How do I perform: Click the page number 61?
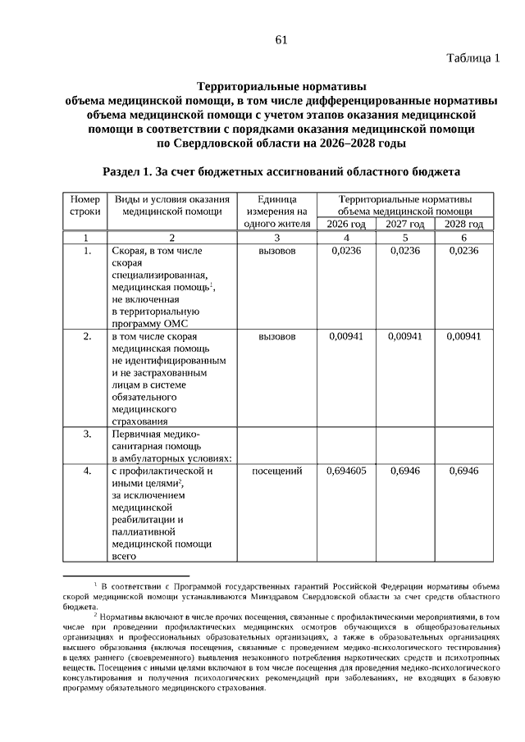click(281, 39)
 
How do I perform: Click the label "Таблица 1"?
click(473, 58)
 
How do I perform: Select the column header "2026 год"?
click(346, 224)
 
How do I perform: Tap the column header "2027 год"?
click(405, 224)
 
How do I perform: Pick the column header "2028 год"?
click(464, 224)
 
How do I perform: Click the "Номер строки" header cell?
click(85, 205)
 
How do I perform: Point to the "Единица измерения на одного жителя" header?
click(276, 211)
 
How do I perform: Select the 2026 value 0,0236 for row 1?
click(346, 252)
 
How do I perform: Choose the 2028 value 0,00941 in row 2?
click(464, 336)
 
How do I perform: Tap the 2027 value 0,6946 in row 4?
click(405, 471)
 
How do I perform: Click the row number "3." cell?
click(86, 434)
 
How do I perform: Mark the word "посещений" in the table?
click(276, 471)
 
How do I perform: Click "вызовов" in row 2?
click(276, 336)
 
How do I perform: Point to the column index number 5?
click(405, 238)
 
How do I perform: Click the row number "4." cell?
click(86, 471)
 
